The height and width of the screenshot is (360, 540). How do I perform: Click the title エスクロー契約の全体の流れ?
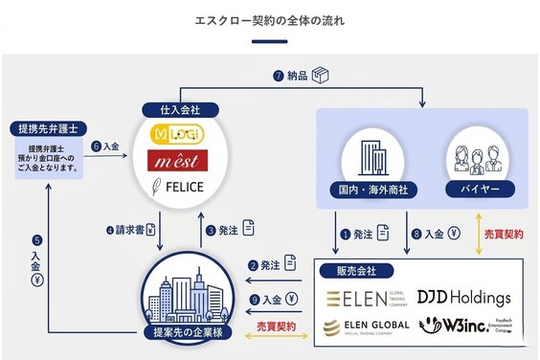(269, 19)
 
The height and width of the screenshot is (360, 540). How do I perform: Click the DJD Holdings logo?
(463, 298)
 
